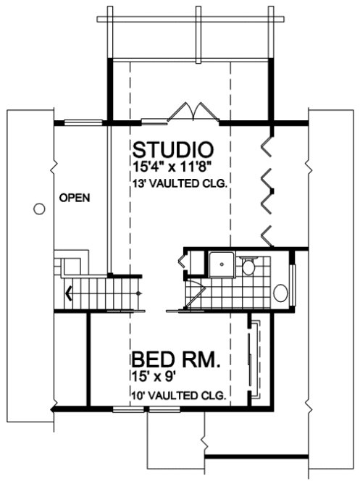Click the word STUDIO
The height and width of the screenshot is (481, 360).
point(172,150)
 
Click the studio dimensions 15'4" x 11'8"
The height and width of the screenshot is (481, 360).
point(172,167)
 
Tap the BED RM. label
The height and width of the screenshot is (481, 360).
point(176,361)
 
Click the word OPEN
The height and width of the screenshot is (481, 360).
point(75,197)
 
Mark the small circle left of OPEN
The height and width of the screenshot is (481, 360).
point(40,209)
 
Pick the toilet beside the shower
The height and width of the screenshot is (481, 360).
point(248,267)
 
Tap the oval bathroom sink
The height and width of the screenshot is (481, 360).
point(280,292)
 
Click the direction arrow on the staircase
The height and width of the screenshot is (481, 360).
point(69,293)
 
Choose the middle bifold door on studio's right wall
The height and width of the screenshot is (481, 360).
point(267,188)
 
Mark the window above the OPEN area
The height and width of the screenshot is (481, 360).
point(81,121)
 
